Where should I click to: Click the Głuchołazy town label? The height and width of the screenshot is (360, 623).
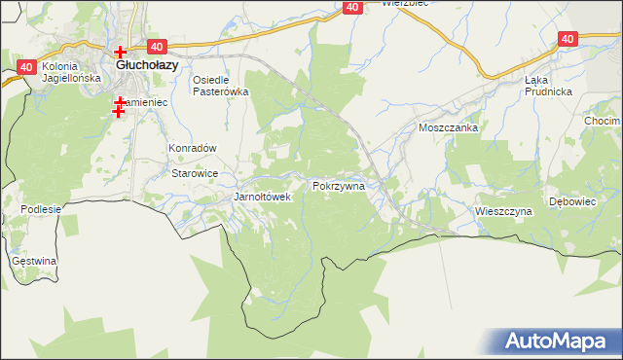click(x=146, y=65)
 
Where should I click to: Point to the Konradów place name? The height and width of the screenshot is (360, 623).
click(x=192, y=148)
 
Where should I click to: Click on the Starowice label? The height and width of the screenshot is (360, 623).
click(x=195, y=173)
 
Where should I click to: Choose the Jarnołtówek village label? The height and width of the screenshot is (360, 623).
click(x=263, y=197)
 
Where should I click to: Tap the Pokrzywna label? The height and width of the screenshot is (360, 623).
click(x=339, y=185)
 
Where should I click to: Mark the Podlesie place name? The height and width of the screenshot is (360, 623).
click(x=41, y=209)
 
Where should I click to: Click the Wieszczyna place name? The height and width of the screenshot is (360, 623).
click(x=503, y=210)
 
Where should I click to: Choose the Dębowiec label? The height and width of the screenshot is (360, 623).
click(x=571, y=201)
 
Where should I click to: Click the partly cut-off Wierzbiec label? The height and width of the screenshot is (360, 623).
click(x=406, y=4)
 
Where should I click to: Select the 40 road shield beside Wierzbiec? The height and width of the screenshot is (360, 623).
click(x=352, y=8)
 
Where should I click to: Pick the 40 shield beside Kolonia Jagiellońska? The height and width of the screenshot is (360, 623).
click(x=26, y=67)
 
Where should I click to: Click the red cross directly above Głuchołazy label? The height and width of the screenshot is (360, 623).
click(x=120, y=52)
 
